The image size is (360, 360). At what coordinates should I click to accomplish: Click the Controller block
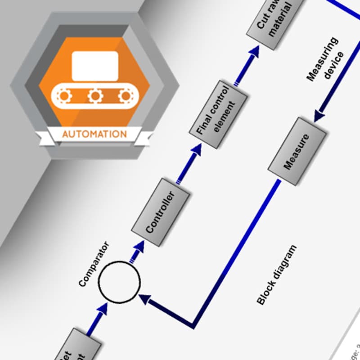pyautogui.click(x=160, y=212)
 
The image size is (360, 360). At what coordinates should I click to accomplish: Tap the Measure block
pyautogui.click(x=297, y=151)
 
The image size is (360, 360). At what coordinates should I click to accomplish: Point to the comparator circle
pyautogui.click(x=119, y=282)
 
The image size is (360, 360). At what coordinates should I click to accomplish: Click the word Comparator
pyautogui.click(x=94, y=265)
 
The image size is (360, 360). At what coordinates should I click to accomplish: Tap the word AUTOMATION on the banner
pyautogui.click(x=94, y=134)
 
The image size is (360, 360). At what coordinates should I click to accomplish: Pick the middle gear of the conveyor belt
pyautogui.click(x=95, y=95)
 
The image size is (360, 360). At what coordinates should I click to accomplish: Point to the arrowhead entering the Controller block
pyautogui.click(x=139, y=246)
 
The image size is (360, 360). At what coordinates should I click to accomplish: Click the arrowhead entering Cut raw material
pyautogui.click(x=255, y=50)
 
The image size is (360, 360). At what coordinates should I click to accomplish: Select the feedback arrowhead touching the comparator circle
pyautogui.click(x=145, y=298)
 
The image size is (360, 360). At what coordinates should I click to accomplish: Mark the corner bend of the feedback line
pyautogui.click(x=193, y=325)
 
